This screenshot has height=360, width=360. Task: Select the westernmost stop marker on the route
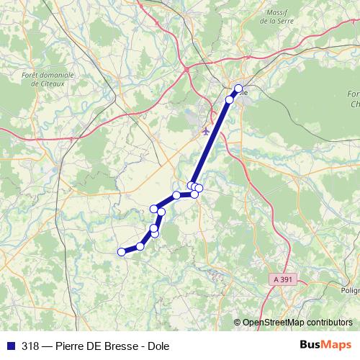click(121, 251)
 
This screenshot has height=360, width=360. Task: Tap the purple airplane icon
click(205, 131)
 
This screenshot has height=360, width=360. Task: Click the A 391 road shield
click(285, 279)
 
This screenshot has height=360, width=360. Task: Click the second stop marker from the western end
click(140, 246)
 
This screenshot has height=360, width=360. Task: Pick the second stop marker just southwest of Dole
click(230, 99)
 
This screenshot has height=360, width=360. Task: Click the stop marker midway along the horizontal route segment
click(176, 195)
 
